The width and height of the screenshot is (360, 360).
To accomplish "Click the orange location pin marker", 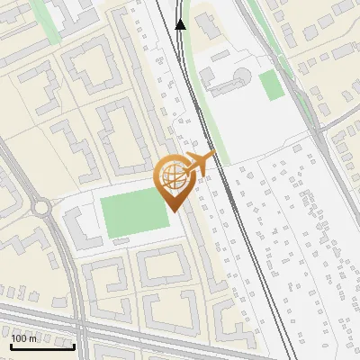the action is tap(175, 180).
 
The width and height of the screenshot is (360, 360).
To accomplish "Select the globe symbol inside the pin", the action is tap(174, 176).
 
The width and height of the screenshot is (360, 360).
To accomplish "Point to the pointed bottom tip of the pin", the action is tap(174, 211).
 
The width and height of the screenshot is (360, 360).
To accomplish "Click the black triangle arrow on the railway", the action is tap(181, 24).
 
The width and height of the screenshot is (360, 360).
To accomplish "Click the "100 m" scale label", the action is tap(25, 338).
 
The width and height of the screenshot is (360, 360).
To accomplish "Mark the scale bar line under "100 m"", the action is tap(41, 346).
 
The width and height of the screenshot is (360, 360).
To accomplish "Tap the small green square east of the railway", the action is tap(270, 85).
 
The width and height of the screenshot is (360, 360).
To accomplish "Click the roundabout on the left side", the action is tap(40, 208).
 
